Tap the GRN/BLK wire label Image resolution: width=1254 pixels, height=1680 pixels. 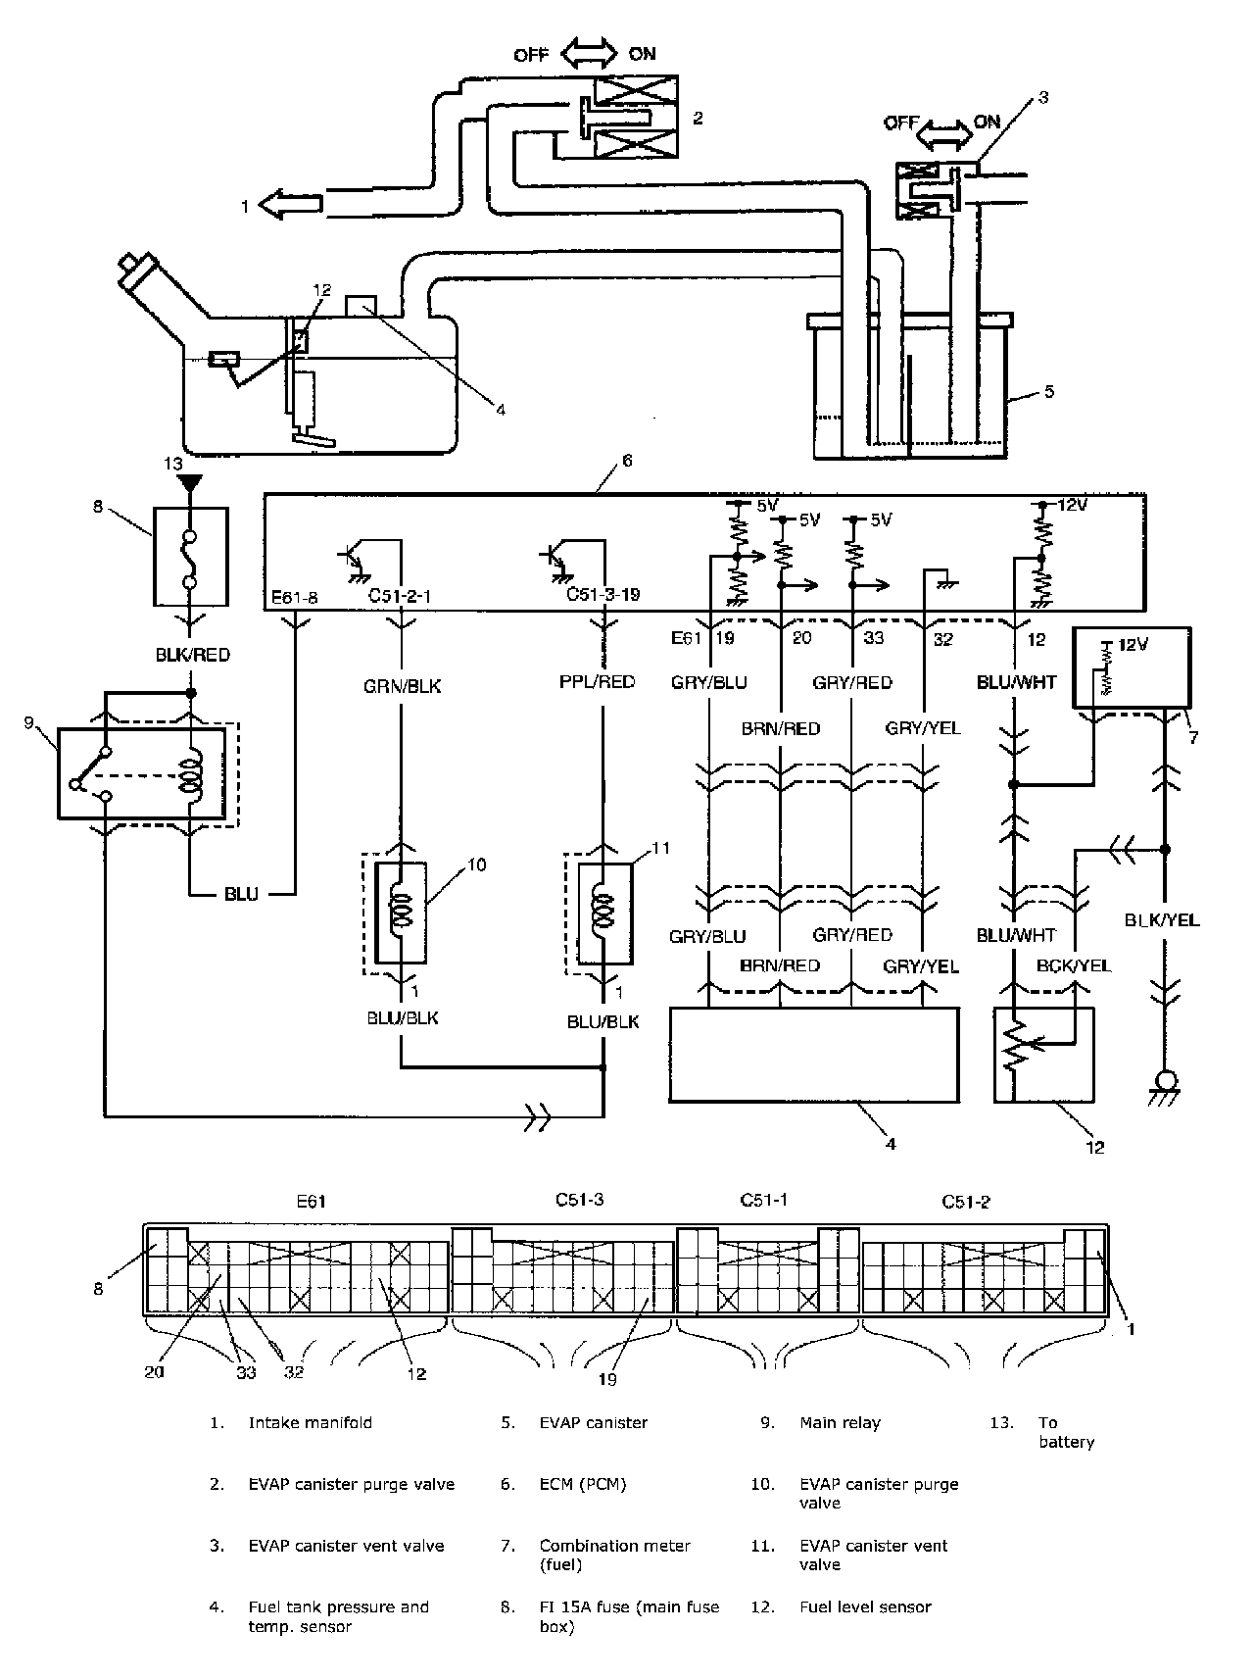click(x=402, y=686)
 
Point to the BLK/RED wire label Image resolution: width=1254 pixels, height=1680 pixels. click(x=191, y=655)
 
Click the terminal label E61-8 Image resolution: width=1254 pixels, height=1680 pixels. click(x=295, y=596)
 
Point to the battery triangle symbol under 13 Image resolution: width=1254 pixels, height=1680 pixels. click(x=191, y=482)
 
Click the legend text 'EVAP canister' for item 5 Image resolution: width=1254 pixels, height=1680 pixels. click(x=594, y=1423)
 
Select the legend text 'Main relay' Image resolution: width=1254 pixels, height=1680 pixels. click(x=841, y=1423)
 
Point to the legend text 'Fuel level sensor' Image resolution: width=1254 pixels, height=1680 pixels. click(x=866, y=1606)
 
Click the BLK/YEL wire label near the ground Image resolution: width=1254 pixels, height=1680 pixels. click(x=1162, y=920)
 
